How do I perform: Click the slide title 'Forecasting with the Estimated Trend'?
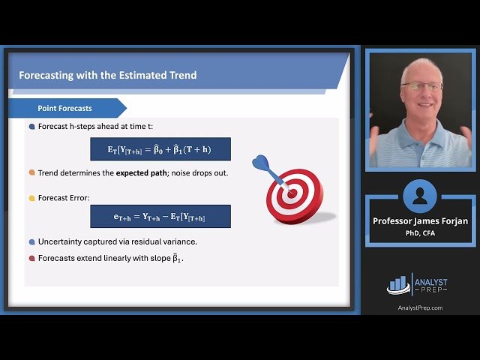[107, 75]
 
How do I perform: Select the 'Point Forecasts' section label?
[64, 108]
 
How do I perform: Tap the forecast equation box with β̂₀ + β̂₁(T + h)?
[160, 148]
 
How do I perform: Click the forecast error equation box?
[160, 216]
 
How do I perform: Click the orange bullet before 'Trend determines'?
[31, 172]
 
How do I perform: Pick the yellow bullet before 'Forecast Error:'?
[31, 198]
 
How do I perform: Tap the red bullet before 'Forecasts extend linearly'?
[31, 258]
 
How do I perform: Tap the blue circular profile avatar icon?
[419, 196]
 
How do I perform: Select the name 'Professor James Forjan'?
[419, 220]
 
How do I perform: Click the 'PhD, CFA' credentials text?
[419, 232]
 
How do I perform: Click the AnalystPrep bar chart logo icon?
[397, 284]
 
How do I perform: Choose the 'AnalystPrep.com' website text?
[419, 307]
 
